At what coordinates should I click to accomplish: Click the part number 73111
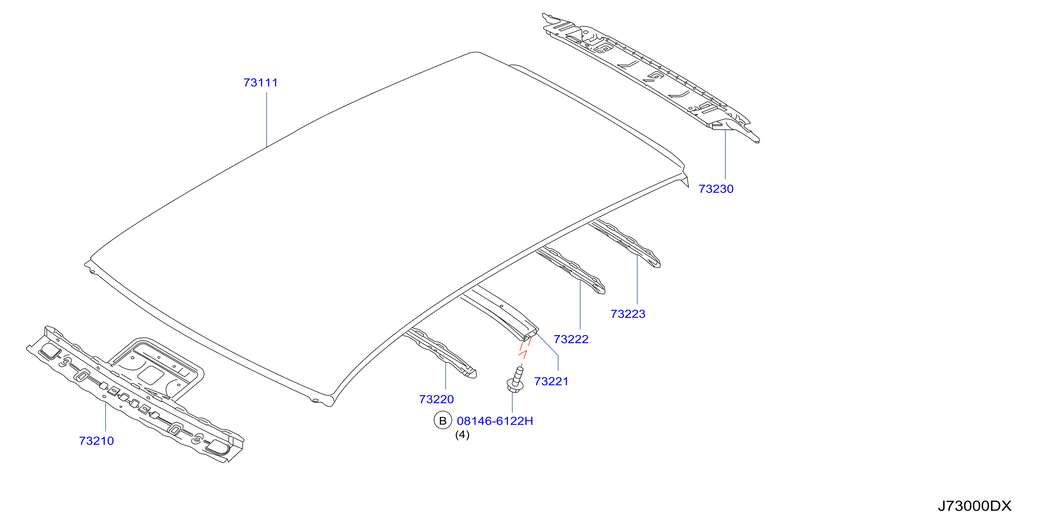pyautogui.click(x=261, y=83)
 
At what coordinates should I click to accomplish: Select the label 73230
pyautogui.click(x=716, y=189)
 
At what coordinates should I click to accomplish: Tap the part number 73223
pyautogui.click(x=628, y=314)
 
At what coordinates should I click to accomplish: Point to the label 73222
pyautogui.click(x=571, y=339)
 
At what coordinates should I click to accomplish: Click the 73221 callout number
pyautogui.click(x=551, y=381)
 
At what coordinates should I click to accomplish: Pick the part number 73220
pyautogui.click(x=436, y=399)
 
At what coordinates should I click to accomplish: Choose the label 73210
pyautogui.click(x=96, y=441)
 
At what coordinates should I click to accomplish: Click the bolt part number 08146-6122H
pyautogui.click(x=495, y=421)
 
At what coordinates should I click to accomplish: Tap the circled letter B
pyautogui.click(x=443, y=421)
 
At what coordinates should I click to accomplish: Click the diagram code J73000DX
pyautogui.click(x=974, y=506)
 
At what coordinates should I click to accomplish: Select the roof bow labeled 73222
pyautogui.click(x=571, y=269)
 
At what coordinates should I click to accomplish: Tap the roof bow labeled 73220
pyautogui.click(x=440, y=352)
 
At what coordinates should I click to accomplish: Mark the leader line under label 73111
pyautogui.click(x=267, y=119)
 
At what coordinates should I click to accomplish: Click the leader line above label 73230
pyautogui.click(x=725, y=155)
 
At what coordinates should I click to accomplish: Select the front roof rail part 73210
pyautogui.click(x=135, y=394)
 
